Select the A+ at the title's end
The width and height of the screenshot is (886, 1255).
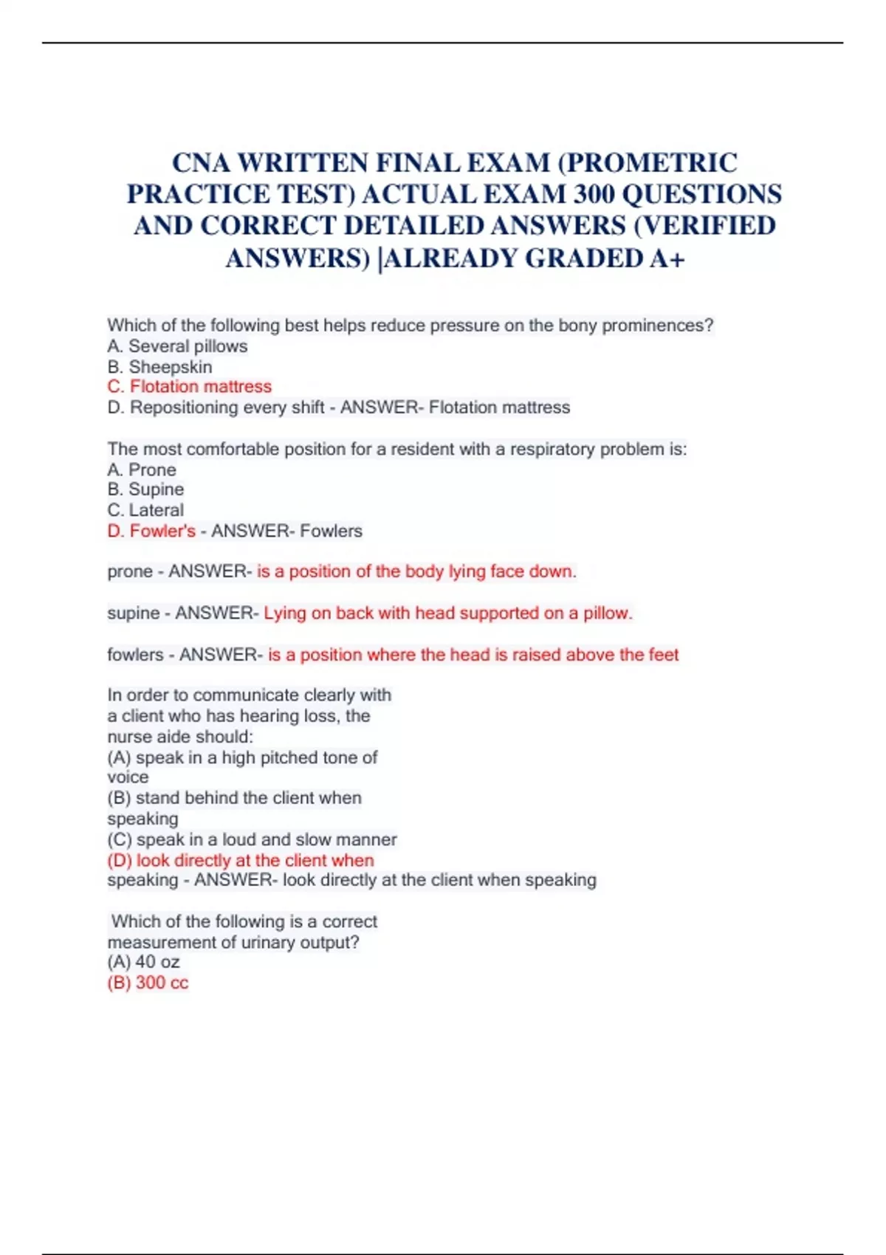click(666, 258)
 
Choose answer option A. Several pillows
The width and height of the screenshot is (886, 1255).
click(177, 346)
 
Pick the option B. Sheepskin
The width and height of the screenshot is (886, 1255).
click(159, 367)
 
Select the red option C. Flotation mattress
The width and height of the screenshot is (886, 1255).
click(189, 387)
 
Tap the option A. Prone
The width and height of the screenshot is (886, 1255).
click(142, 470)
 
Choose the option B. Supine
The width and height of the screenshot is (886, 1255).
click(145, 489)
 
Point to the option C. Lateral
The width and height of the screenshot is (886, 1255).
click(145, 510)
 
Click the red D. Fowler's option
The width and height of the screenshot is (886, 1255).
click(151, 531)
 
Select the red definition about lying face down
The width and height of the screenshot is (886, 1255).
click(416, 571)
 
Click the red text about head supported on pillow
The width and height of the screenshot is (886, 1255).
click(447, 613)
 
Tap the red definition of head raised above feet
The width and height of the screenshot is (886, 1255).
click(473, 655)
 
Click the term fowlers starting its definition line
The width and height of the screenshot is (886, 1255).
click(135, 655)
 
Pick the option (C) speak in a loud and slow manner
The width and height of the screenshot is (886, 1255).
click(252, 839)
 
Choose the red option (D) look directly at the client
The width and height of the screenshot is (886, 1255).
click(241, 860)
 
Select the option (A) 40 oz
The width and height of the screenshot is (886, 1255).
click(143, 962)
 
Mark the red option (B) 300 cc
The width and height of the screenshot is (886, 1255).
click(148, 983)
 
